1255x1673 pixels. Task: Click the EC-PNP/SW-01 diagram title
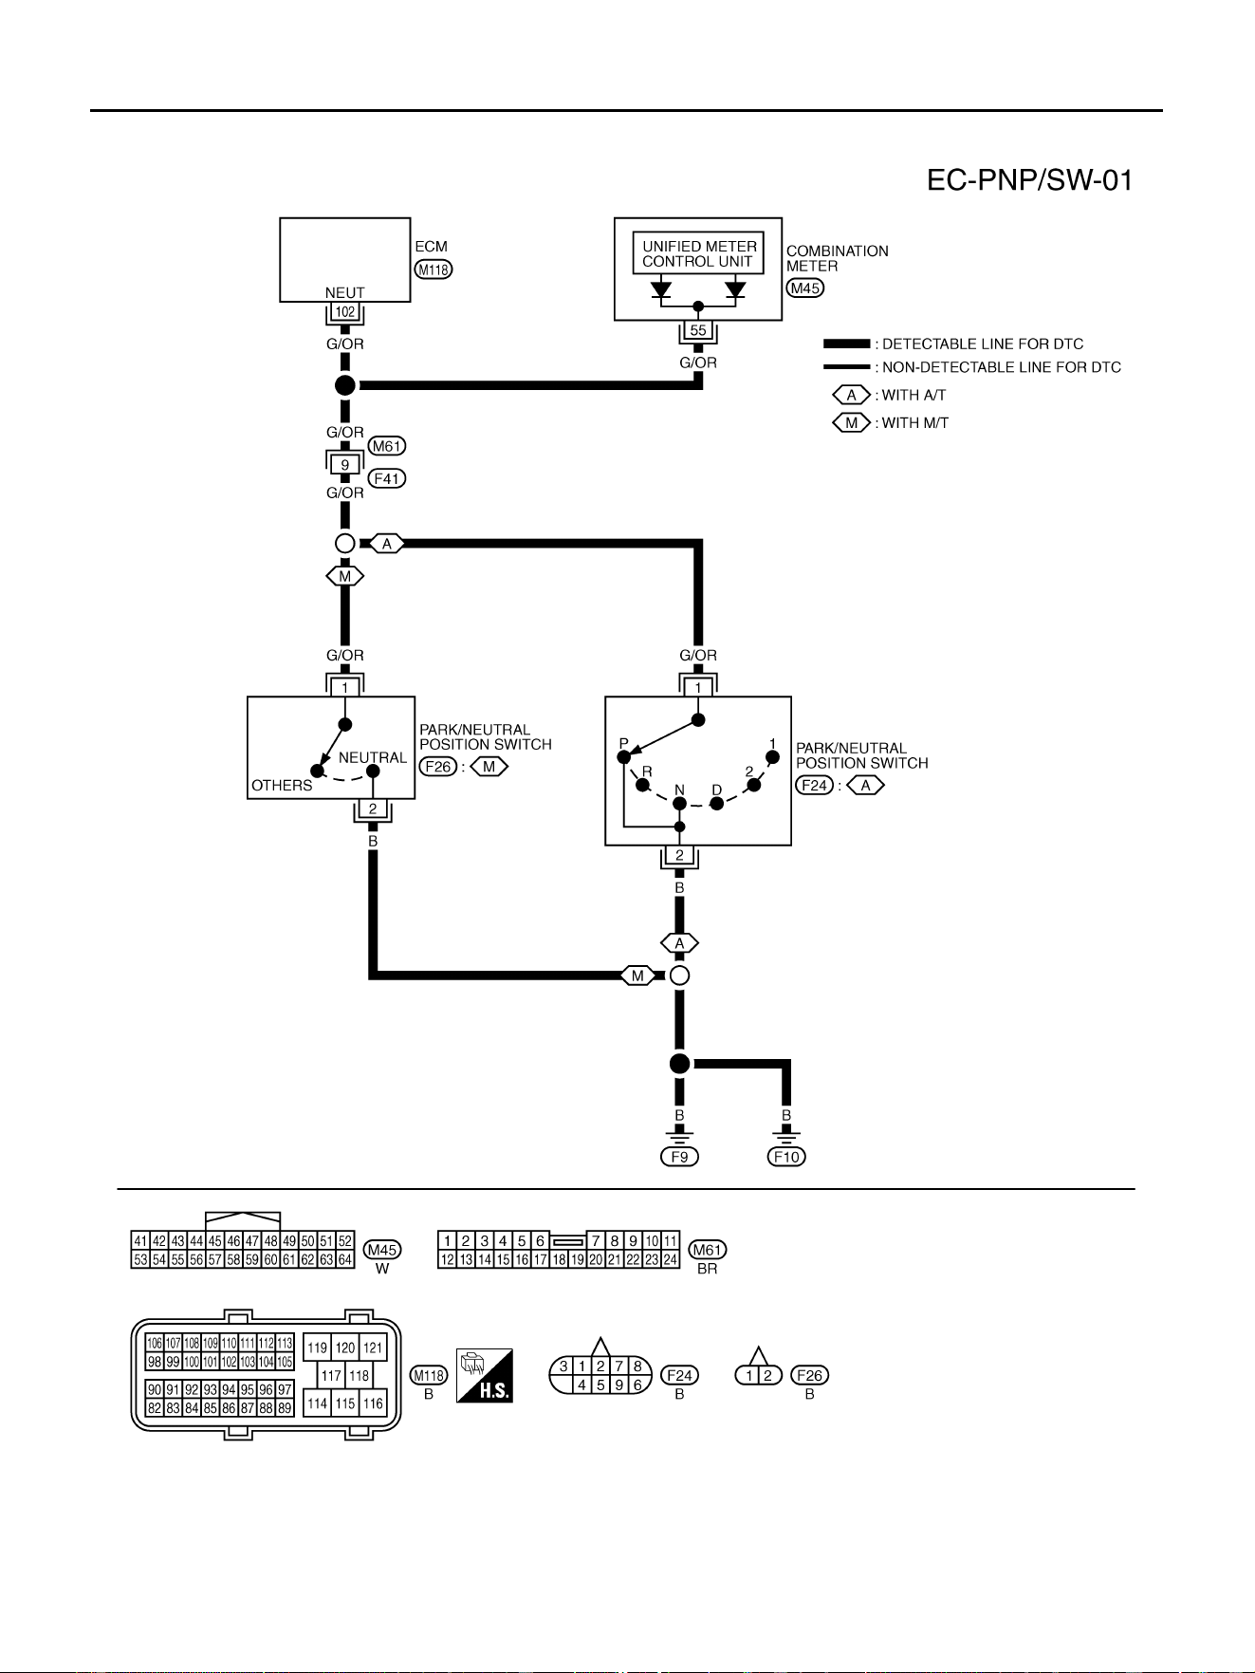point(1030,180)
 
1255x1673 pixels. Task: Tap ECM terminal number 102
point(345,312)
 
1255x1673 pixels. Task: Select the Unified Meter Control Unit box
point(698,254)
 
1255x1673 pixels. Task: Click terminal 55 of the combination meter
point(698,331)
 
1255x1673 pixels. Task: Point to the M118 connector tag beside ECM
point(434,270)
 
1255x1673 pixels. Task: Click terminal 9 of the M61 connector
point(345,465)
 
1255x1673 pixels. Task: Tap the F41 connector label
point(387,479)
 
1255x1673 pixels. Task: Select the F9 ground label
point(679,1157)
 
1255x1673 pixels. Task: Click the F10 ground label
point(787,1157)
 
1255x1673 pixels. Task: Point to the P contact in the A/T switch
point(623,756)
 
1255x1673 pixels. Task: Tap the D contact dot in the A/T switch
point(717,803)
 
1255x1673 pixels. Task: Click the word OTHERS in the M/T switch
point(282,786)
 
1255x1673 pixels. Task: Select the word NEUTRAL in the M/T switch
point(373,758)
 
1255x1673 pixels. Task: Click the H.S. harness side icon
point(485,1375)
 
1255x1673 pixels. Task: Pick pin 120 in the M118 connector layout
point(345,1348)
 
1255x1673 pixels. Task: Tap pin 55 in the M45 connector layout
point(177,1259)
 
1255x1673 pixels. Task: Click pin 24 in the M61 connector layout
point(671,1259)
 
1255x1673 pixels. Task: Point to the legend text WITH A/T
point(914,396)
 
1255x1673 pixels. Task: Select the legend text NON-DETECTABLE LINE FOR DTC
point(1002,367)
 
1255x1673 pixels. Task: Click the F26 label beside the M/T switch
point(438,766)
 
